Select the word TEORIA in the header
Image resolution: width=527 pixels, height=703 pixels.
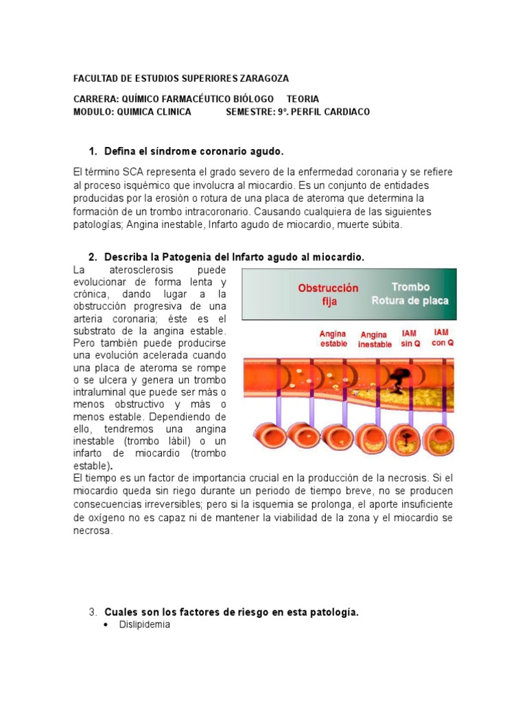pos(303,99)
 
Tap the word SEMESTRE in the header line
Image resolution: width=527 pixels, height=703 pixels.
pos(250,112)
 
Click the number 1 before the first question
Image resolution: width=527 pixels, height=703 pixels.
pos(93,151)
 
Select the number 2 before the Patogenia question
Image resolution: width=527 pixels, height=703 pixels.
pos(93,257)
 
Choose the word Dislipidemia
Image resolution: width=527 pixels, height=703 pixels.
pos(144,625)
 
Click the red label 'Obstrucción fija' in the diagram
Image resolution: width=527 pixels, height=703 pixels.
pos(328,295)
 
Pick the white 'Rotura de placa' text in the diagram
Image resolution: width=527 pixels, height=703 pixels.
pos(410,300)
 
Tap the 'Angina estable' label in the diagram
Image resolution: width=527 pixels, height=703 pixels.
pos(333,338)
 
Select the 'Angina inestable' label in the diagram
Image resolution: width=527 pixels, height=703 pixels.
pos(375,340)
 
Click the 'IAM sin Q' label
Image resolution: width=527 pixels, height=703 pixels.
pos(410,338)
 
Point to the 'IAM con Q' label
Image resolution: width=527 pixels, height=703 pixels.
pos(441,337)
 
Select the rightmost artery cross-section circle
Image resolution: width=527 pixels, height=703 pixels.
pos(438,437)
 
